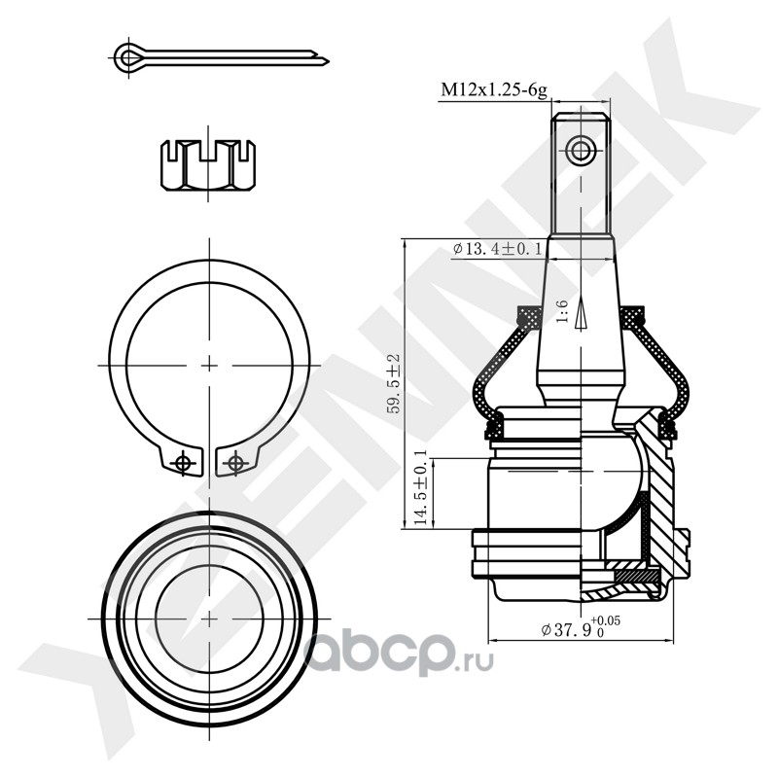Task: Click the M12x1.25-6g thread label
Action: click(x=494, y=89)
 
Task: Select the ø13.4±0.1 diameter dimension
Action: click(x=498, y=249)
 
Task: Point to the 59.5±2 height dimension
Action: click(x=393, y=384)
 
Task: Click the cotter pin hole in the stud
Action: click(x=582, y=150)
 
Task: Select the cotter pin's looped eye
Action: click(x=125, y=56)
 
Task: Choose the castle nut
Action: click(x=211, y=165)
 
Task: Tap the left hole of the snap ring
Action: click(x=182, y=463)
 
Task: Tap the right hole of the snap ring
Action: click(x=233, y=463)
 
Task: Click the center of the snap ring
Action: click(x=210, y=363)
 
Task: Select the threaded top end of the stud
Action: click(x=582, y=175)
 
